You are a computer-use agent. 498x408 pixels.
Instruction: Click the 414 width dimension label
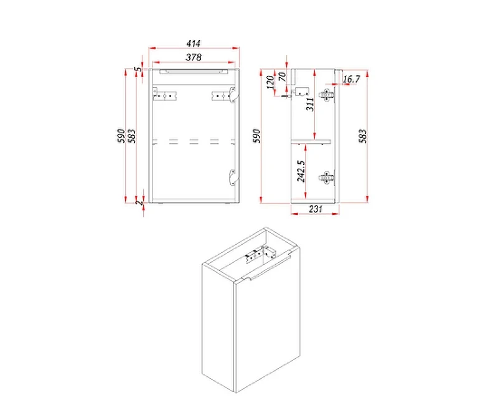[x=194, y=43]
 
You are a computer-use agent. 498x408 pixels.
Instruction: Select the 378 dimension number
[x=194, y=57]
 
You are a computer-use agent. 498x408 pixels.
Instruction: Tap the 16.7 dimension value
[x=351, y=79]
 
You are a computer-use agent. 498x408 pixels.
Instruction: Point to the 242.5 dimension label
[x=301, y=171]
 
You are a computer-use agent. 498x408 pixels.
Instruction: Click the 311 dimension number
[x=310, y=104]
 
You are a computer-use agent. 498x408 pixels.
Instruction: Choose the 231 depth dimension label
[x=316, y=209]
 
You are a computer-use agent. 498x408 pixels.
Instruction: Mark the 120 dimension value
[x=271, y=82]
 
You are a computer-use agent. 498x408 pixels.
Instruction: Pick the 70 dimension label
[x=282, y=77]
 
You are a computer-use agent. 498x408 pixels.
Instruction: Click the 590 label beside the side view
[x=256, y=136]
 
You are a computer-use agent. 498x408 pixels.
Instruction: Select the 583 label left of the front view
[x=131, y=136]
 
